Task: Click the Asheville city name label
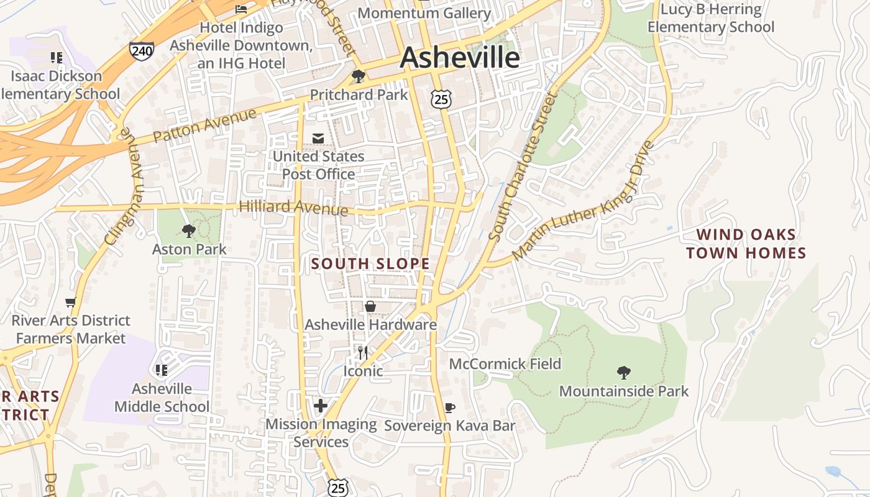[x=459, y=57]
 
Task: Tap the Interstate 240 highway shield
[x=142, y=50]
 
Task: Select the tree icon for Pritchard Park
[x=358, y=76]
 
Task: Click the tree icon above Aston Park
[x=189, y=231]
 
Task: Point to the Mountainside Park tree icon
[x=624, y=373]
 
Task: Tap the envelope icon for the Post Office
[x=318, y=138]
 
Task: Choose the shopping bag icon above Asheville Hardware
[x=370, y=306]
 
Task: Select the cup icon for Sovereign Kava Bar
[x=450, y=408]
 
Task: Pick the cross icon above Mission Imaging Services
[x=321, y=406]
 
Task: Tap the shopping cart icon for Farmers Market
[x=71, y=303]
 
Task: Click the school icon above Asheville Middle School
[x=162, y=370]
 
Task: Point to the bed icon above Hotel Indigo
[x=241, y=9]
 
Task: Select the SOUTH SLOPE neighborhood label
[x=370, y=263]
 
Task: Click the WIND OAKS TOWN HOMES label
[x=746, y=244]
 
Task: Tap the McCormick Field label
[x=505, y=363]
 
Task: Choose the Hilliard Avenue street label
[x=293, y=207]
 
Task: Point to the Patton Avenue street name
[x=204, y=126]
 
